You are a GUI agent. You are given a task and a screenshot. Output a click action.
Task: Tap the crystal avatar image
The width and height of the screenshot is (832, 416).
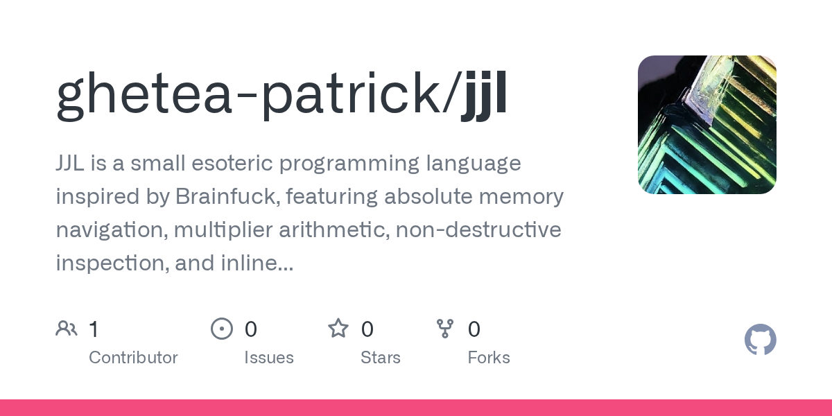pos(707,124)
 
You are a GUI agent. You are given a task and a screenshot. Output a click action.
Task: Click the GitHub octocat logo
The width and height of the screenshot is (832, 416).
pos(761,340)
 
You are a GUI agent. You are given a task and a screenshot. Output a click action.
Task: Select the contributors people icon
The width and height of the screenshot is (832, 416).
pos(67,329)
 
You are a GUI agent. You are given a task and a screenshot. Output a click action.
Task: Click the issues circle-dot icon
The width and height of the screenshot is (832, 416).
pos(222,329)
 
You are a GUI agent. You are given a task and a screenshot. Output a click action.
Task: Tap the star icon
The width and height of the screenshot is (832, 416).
pos(338,329)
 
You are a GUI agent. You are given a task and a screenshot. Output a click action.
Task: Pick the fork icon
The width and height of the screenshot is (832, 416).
pos(445,329)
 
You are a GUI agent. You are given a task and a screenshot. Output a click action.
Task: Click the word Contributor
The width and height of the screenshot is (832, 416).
pos(133,358)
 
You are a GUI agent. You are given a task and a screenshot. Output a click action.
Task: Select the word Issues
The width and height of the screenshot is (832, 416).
pos(269,358)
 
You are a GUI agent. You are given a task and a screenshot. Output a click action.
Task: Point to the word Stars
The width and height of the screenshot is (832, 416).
pos(381,358)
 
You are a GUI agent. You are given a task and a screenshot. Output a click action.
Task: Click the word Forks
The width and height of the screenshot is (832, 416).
pos(489,358)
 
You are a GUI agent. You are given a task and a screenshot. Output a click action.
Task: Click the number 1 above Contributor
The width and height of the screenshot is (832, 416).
pos(94,329)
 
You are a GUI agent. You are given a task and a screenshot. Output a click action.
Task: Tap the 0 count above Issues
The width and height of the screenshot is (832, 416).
pos(251,329)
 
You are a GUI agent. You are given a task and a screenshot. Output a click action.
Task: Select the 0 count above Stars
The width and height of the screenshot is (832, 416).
pos(367,329)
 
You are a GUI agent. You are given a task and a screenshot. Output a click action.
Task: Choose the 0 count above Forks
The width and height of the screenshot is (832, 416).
pos(474,329)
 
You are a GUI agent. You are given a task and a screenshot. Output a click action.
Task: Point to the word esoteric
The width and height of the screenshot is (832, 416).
pos(232,163)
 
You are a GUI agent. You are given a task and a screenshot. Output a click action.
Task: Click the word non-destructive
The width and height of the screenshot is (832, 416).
pos(478,229)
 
